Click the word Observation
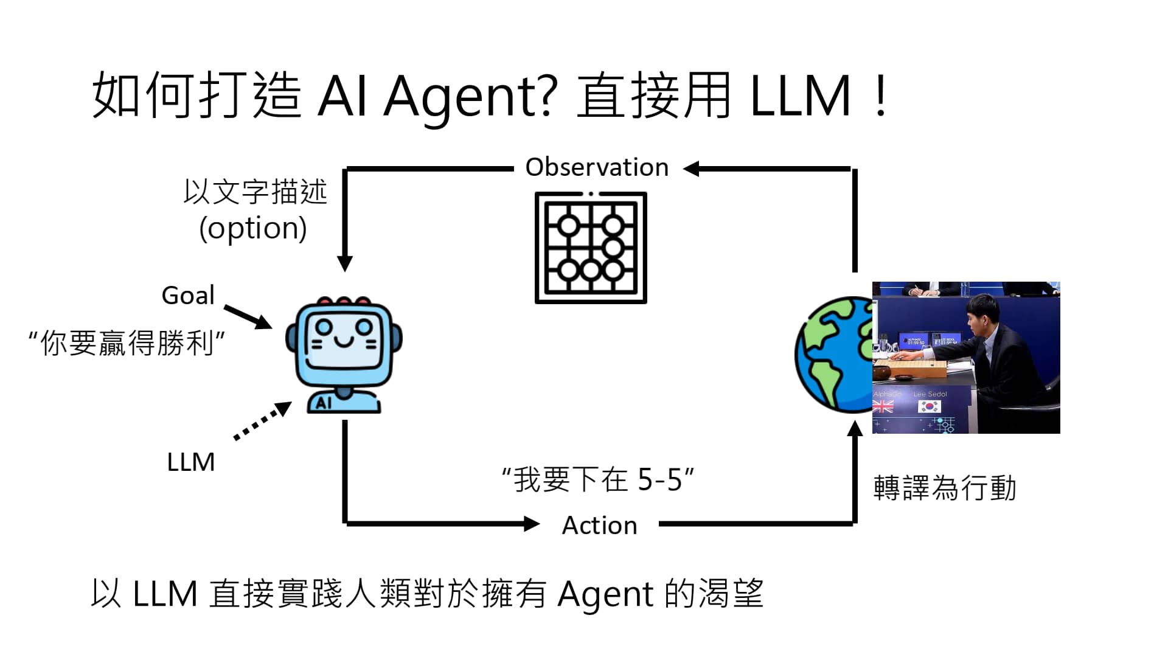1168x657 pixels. [x=597, y=167]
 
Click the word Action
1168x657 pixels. [x=599, y=526]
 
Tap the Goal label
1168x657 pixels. [x=188, y=296]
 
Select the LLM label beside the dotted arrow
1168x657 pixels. [x=190, y=462]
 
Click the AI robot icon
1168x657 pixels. [x=344, y=355]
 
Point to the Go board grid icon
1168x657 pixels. [x=591, y=248]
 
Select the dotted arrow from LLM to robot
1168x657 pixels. [x=262, y=420]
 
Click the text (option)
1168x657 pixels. [x=253, y=229]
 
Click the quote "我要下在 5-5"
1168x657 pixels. [x=598, y=479]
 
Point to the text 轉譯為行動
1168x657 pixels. [x=945, y=488]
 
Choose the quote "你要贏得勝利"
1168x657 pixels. [x=127, y=342]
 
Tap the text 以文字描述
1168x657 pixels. [x=255, y=192]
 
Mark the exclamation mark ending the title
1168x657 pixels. [x=880, y=96]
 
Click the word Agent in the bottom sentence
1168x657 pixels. [x=605, y=594]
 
